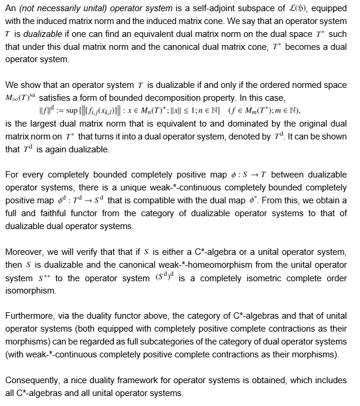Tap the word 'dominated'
[250, 124]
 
